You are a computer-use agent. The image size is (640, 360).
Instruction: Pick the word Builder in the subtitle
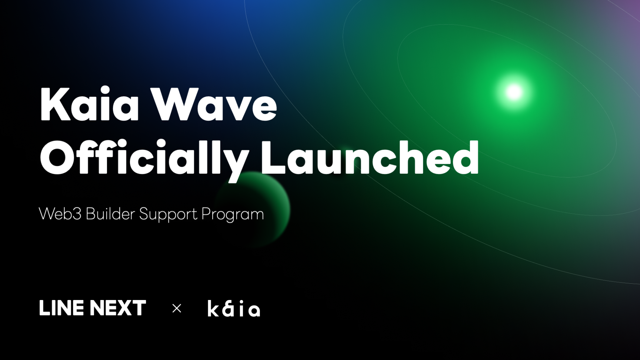click(x=110, y=214)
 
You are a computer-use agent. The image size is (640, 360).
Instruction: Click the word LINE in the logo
click(x=61, y=308)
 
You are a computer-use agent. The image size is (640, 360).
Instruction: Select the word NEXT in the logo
click(x=118, y=308)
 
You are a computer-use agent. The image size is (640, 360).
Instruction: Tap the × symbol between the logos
click(x=177, y=308)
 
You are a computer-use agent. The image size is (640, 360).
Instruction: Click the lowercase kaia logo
click(x=234, y=309)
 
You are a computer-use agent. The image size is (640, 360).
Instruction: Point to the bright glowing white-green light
click(x=514, y=92)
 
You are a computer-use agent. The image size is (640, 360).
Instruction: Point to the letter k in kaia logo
click(x=213, y=309)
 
